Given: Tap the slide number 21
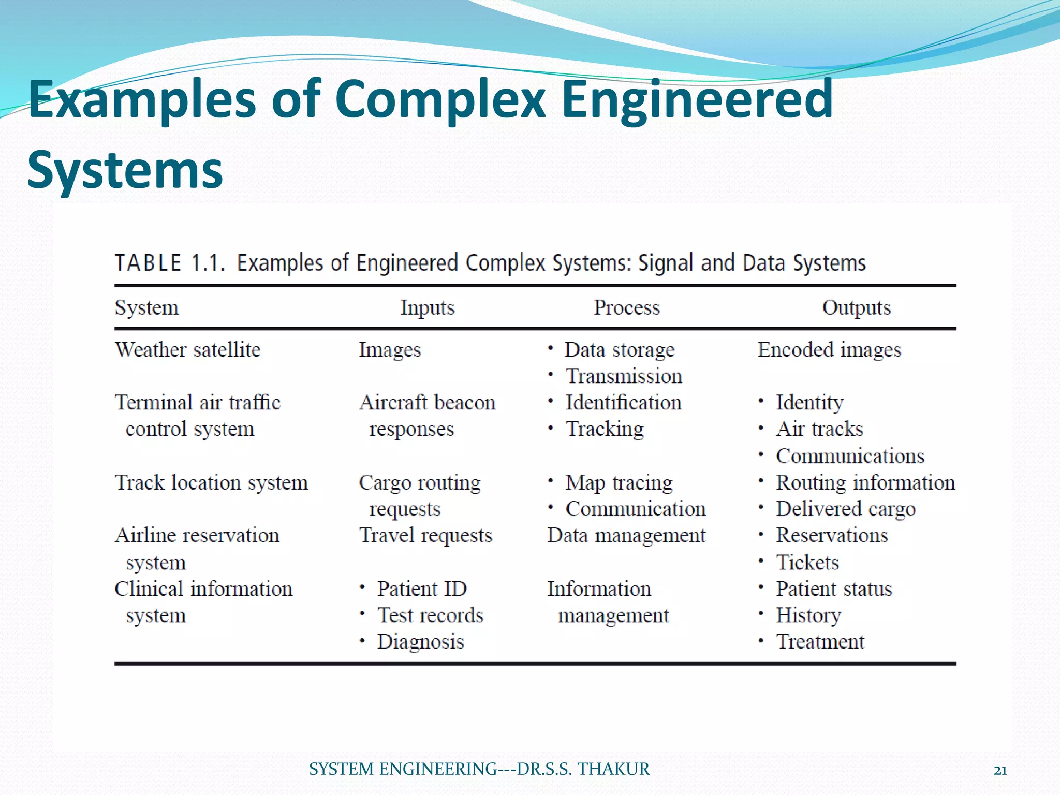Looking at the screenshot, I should (1000, 771).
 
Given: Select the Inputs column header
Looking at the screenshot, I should (427, 307).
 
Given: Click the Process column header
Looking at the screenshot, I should (626, 307).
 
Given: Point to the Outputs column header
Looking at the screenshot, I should (856, 307).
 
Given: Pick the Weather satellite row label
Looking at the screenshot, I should (187, 350).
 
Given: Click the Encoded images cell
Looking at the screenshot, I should (829, 350).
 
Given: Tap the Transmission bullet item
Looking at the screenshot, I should (624, 376).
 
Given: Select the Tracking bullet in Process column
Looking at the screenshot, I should (605, 429).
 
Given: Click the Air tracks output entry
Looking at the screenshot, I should (819, 429).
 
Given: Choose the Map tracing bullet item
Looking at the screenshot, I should (619, 483).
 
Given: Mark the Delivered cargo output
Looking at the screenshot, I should (846, 509).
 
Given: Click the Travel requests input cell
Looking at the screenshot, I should (425, 536).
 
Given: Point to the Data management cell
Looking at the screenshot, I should (626, 536).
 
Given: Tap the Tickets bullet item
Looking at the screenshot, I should (807, 563).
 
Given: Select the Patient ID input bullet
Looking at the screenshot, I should (422, 589).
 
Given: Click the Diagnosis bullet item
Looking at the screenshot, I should (420, 642).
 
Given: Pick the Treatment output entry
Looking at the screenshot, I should (820, 642).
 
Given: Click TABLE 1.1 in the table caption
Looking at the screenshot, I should (170, 263).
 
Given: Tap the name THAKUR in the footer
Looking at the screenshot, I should (613, 769).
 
